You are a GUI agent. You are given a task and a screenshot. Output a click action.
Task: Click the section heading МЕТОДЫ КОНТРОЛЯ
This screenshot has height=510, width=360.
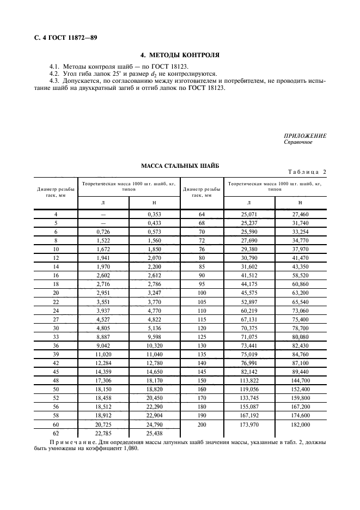coord(185,55)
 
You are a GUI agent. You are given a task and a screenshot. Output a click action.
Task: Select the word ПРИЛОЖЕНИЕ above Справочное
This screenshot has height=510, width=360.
coord(305,136)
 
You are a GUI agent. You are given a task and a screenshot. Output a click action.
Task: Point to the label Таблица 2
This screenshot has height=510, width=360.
coord(307,172)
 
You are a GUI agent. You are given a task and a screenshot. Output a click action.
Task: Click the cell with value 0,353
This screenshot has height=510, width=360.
coord(155,215)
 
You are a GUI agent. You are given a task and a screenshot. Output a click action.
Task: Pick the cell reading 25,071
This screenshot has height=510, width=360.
coord(248,215)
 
